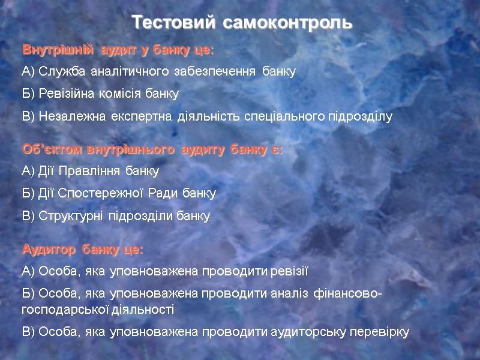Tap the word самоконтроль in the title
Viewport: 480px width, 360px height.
(x=288, y=23)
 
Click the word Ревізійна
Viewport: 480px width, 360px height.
(x=67, y=94)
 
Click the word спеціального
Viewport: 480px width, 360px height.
(x=283, y=117)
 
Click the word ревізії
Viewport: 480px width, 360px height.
(x=289, y=271)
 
